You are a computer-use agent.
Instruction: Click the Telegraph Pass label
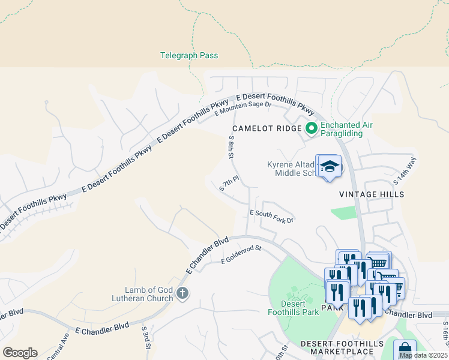pos(189,56)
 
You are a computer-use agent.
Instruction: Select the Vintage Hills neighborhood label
pos(372,194)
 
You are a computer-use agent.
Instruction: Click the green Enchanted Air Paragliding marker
pos(312,128)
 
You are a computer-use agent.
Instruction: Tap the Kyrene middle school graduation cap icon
pos(329,166)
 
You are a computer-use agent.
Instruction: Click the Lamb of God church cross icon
pos(183,293)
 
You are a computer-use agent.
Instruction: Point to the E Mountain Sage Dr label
pos(243,109)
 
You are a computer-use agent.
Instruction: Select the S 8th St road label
pos(231,146)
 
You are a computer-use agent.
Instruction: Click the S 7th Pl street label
pos(229,183)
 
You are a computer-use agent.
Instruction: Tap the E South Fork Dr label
pos(271,217)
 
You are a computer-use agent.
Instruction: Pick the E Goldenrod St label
pos(242,254)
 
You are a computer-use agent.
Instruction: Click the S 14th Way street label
pos(404,172)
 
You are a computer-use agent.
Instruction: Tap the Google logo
pos(20,353)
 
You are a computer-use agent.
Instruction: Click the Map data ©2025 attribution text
pos(423,355)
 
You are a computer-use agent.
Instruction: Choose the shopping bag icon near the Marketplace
pos(405,350)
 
